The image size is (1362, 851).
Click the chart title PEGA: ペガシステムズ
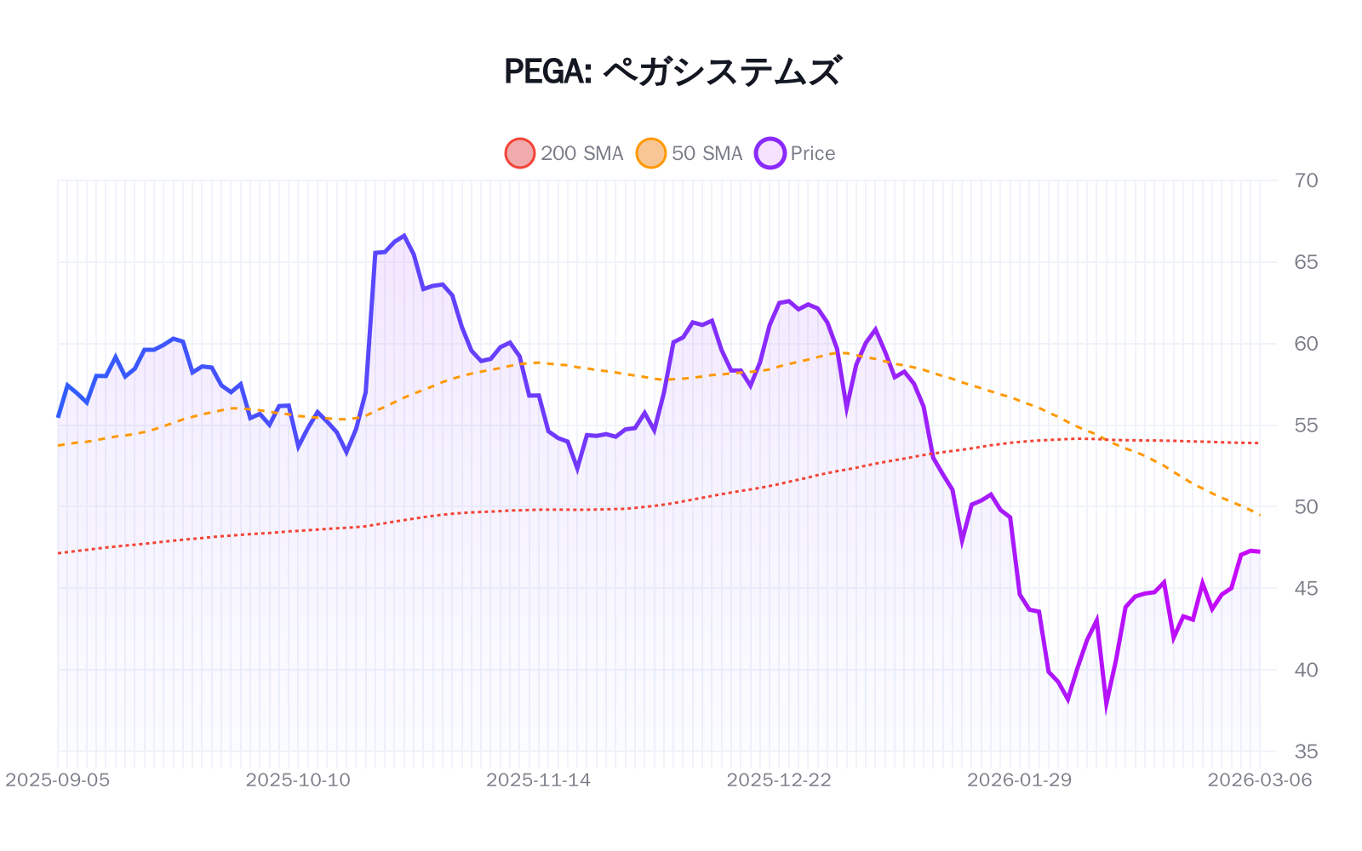tap(672, 71)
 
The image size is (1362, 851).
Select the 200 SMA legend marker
tap(520, 153)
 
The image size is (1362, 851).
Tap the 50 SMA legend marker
tap(651, 153)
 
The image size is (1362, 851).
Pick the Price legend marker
tap(770, 153)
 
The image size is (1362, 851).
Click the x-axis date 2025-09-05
tap(58, 780)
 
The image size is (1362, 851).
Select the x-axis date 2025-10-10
tap(298, 780)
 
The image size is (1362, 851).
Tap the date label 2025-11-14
tap(539, 780)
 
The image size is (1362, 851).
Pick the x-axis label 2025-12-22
tap(779, 780)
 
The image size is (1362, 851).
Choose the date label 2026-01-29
tap(1020, 780)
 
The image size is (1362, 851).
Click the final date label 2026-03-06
tap(1260, 780)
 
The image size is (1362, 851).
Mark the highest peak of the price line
tap(403, 236)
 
